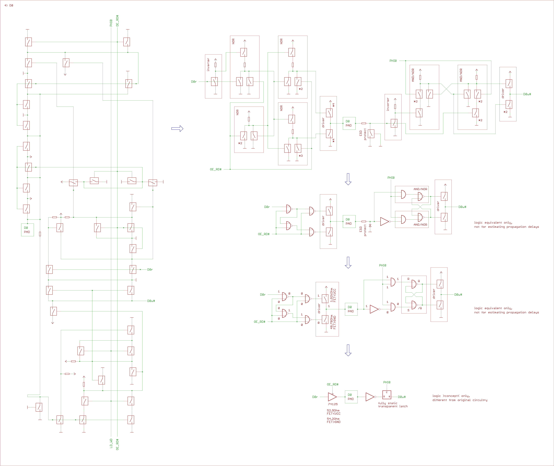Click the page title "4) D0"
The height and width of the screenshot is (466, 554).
9,5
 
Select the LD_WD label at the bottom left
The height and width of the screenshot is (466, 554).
111,443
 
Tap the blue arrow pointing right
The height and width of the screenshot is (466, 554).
177,129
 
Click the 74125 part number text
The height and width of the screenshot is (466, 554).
333,404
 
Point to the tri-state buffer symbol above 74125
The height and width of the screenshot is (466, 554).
332,397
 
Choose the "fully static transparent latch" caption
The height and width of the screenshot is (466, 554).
393,405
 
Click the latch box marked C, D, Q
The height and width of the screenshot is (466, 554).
387,395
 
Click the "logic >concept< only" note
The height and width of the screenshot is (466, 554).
460,398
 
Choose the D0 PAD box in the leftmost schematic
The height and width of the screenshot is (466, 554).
27,230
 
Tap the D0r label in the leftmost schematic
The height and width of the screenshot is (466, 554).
150,270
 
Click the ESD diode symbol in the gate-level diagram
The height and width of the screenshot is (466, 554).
370,226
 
